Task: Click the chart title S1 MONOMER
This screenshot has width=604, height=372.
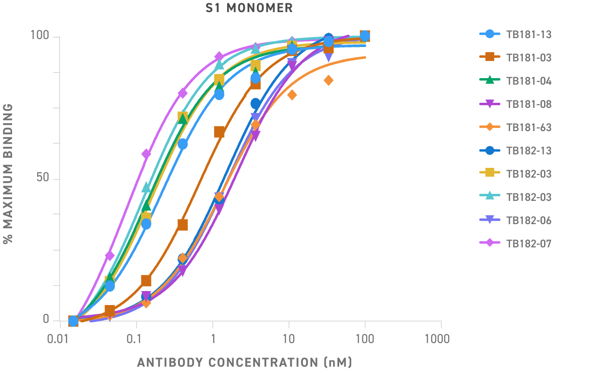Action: coord(249,8)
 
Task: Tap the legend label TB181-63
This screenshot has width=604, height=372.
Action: coord(529,127)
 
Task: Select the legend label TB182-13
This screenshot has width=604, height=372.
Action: coord(529,151)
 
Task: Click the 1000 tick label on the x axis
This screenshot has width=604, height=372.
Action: coord(437,339)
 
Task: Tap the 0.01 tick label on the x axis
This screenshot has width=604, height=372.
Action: coord(60,339)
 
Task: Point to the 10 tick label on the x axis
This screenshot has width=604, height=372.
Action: coord(289,339)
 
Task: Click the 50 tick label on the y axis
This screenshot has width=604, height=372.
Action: coord(42,179)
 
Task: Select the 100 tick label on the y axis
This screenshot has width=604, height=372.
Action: coord(39,36)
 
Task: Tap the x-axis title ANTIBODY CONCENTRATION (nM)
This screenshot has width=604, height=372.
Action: coord(244,362)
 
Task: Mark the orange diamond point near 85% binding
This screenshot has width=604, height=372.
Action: coord(328,80)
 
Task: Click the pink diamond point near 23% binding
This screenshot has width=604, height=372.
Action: coord(110,255)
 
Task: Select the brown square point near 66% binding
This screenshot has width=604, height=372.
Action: coord(219,132)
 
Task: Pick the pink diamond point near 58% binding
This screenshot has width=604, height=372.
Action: coord(146,154)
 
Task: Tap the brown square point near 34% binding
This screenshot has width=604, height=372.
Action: coord(183,225)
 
